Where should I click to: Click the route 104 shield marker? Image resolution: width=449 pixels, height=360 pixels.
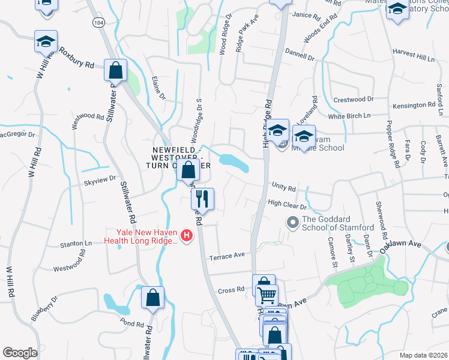pyautogui.click(x=97, y=22)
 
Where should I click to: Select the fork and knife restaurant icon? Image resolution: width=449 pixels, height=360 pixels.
pyautogui.click(x=202, y=198)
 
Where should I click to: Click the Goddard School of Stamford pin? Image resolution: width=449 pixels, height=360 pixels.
pyautogui.click(x=293, y=223)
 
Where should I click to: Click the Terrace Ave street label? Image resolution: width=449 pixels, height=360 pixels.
pyautogui.click(x=226, y=256)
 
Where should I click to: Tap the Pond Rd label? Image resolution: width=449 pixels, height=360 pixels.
pyautogui.click(x=131, y=323)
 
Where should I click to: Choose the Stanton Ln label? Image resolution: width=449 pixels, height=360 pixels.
pyautogui.click(x=76, y=244)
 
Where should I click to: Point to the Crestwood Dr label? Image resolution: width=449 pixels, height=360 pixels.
pyautogui.click(x=353, y=99)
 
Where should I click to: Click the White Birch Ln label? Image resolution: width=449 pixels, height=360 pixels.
pyautogui.click(x=349, y=115)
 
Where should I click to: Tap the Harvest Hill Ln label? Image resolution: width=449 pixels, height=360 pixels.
pyautogui.click(x=413, y=56)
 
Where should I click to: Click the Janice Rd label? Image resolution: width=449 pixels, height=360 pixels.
pyautogui.click(x=304, y=15)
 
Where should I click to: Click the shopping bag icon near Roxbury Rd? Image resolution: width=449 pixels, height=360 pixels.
pyautogui.click(x=115, y=70)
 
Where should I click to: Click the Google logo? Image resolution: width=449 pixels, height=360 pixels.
pyautogui.click(x=20, y=353)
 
